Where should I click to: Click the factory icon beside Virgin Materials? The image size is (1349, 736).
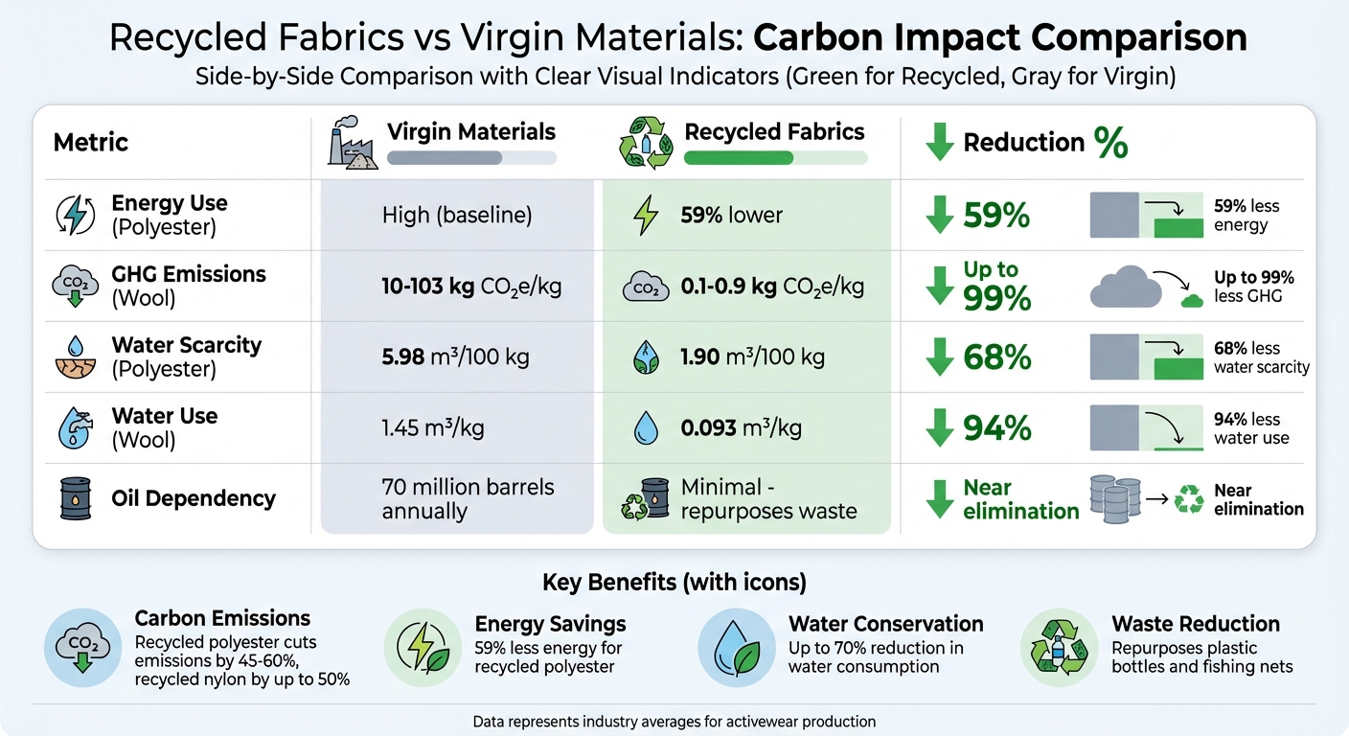click(351, 144)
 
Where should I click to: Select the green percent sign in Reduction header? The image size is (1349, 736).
click(1110, 143)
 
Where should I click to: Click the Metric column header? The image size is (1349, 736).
click(91, 143)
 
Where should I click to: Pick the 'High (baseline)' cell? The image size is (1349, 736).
click(456, 215)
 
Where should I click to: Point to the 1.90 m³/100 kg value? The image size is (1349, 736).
click(753, 357)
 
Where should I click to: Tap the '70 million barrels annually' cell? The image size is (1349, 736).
click(468, 498)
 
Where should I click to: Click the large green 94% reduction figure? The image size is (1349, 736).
click(997, 429)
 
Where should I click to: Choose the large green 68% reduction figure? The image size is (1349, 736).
click(997, 358)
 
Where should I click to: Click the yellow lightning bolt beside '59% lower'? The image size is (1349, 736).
click(647, 216)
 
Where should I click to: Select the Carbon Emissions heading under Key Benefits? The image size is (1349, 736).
click(222, 618)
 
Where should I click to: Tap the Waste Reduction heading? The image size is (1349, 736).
click(1196, 624)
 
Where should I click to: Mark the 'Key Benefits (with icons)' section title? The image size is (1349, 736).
click(674, 582)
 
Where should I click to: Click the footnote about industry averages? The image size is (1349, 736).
click(674, 721)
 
